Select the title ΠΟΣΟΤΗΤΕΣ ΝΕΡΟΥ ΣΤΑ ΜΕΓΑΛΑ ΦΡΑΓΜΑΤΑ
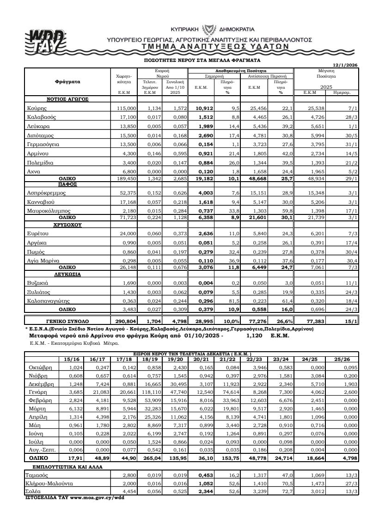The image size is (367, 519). (202, 60)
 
